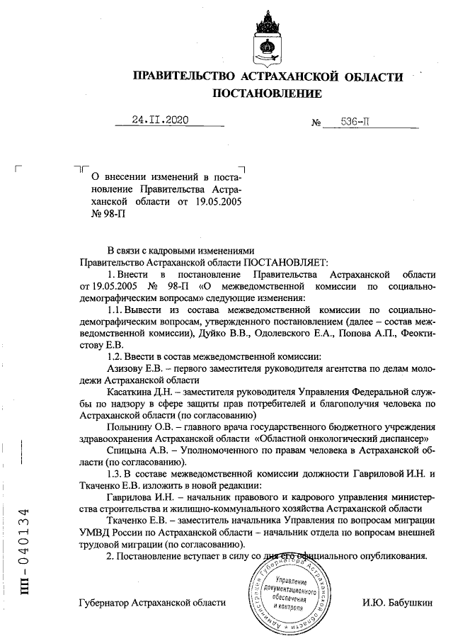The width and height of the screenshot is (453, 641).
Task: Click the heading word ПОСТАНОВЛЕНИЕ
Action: [x=268, y=93]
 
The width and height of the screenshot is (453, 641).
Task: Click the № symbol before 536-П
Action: [x=316, y=123]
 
